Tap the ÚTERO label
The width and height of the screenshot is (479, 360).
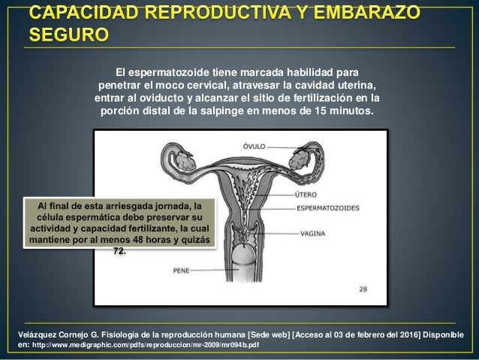[x=310, y=195]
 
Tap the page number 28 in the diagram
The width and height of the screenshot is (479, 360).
[x=363, y=289]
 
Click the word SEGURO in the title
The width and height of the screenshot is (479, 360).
[x=68, y=35]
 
